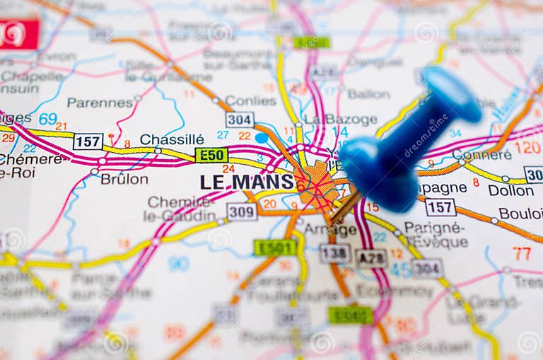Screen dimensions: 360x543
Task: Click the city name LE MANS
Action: pos(246,182)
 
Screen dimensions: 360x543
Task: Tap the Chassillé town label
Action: pos(172,139)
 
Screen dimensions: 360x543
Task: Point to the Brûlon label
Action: pos(124,179)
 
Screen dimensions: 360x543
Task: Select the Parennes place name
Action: pos(100,103)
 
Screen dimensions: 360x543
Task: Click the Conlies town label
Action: pos(250,100)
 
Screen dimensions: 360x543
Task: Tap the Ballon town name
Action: pos(368,93)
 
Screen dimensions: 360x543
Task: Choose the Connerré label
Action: pos(481,154)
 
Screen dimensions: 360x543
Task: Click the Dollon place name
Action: pos(510,190)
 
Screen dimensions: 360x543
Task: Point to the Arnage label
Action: pos(330,229)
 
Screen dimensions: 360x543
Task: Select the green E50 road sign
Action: pos(211,155)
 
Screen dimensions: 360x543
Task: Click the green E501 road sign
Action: pos(275,247)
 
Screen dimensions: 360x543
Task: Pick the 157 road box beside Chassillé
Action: pos(88,141)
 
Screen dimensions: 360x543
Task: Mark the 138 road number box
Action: pos(334,253)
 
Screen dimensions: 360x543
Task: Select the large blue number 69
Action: pos(48,118)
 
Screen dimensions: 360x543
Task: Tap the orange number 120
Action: pos(527,147)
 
